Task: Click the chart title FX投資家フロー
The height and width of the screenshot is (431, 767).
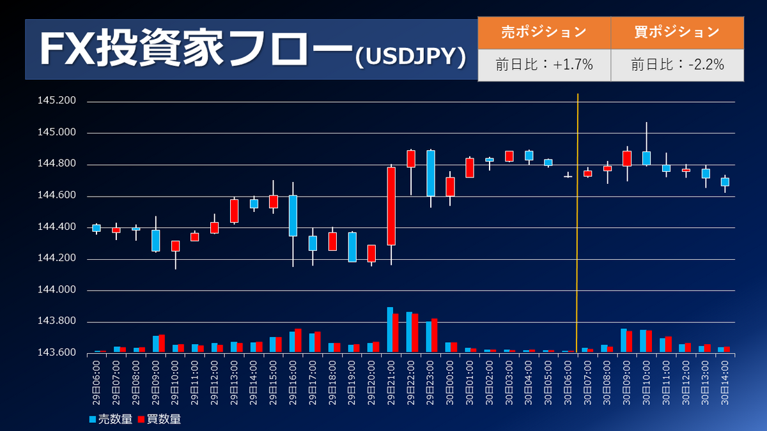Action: click(195, 49)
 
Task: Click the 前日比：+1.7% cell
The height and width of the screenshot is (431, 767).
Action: click(544, 64)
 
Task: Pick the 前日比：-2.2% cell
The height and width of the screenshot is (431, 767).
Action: click(677, 64)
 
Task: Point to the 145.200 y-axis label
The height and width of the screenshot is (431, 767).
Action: click(58, 102)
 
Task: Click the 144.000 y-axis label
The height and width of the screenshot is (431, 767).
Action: click(58, 290)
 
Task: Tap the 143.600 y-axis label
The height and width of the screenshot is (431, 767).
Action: click(58, 352)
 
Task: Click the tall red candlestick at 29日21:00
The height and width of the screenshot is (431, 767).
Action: click(391, 206)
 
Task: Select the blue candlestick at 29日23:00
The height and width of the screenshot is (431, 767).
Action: click(431, 172)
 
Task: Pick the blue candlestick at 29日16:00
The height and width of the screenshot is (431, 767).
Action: click(293, 215)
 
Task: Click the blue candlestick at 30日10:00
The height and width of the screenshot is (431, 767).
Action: click(646, 158)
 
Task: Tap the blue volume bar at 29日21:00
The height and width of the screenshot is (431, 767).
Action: click(389, 329)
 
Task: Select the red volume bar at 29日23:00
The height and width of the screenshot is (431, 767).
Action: click(435, 335)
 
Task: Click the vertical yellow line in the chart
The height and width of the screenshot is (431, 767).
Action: click(578, 223)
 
